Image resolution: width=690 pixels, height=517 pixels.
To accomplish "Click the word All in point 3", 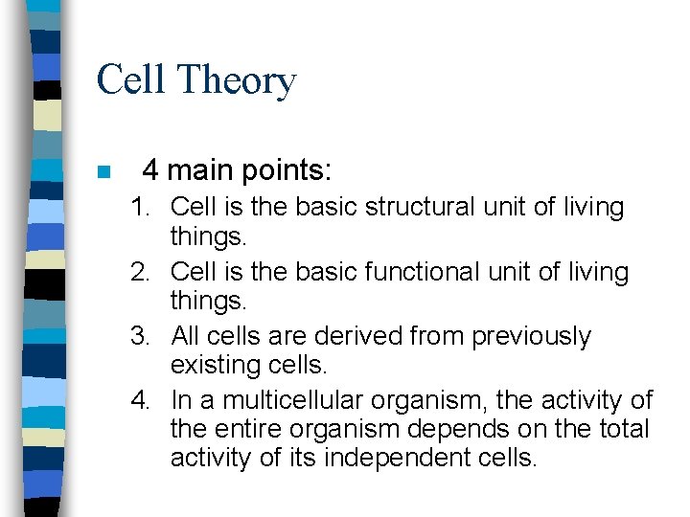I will click(x=185, y=337).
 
